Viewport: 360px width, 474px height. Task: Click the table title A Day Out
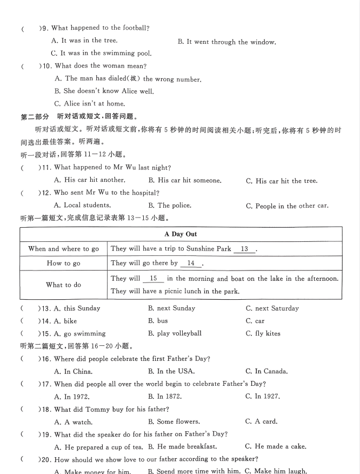181,234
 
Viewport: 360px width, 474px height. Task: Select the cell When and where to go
64,249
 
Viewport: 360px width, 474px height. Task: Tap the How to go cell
64,264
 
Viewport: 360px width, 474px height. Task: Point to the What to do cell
64,285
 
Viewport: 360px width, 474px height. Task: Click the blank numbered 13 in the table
244,249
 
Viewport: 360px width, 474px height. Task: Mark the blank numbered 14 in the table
191,263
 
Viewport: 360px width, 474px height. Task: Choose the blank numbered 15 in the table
153,278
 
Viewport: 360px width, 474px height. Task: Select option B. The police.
170,206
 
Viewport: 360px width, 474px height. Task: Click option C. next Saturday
272,308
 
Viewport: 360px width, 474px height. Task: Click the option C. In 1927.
263,397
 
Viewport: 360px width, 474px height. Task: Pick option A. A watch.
74,422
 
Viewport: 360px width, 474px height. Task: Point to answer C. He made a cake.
276,446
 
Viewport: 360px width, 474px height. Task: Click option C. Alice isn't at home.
90,104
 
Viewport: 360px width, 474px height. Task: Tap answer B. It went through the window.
227,42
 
